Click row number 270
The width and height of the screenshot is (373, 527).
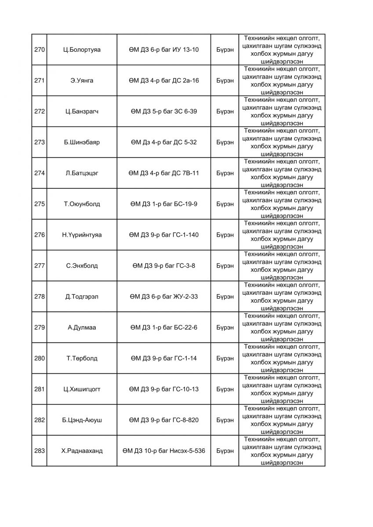click(39, 50)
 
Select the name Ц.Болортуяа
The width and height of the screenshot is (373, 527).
click(82, 50)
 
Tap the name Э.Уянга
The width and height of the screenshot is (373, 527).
click(82, 80)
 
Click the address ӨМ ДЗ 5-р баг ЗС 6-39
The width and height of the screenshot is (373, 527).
click(163, 112)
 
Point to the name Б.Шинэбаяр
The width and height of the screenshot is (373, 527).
click(82, 142)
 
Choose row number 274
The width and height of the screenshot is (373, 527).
click(39, 173)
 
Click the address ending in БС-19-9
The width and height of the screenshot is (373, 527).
click(163, 204)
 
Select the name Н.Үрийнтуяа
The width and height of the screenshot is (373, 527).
click(82, 235)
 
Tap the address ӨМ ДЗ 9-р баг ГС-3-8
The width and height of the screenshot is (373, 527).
click(163, 266)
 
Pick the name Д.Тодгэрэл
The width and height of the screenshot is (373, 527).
click(82, 296)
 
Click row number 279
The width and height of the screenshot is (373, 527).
click(39, 328)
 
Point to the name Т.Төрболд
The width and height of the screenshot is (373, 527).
click(82, 358)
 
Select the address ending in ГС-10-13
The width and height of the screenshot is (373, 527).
click(163, 389)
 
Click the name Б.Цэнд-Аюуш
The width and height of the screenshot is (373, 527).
click(82, 420)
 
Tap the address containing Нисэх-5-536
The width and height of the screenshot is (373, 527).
click(163, 451)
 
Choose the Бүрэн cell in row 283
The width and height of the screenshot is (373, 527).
click(225, 451)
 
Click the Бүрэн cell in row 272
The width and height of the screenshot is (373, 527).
click(225, 112)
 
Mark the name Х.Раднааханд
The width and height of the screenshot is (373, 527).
click(82, 451)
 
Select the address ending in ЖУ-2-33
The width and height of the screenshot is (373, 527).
click(163, 296)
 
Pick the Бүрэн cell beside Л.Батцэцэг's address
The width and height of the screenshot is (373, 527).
click(225, 173)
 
